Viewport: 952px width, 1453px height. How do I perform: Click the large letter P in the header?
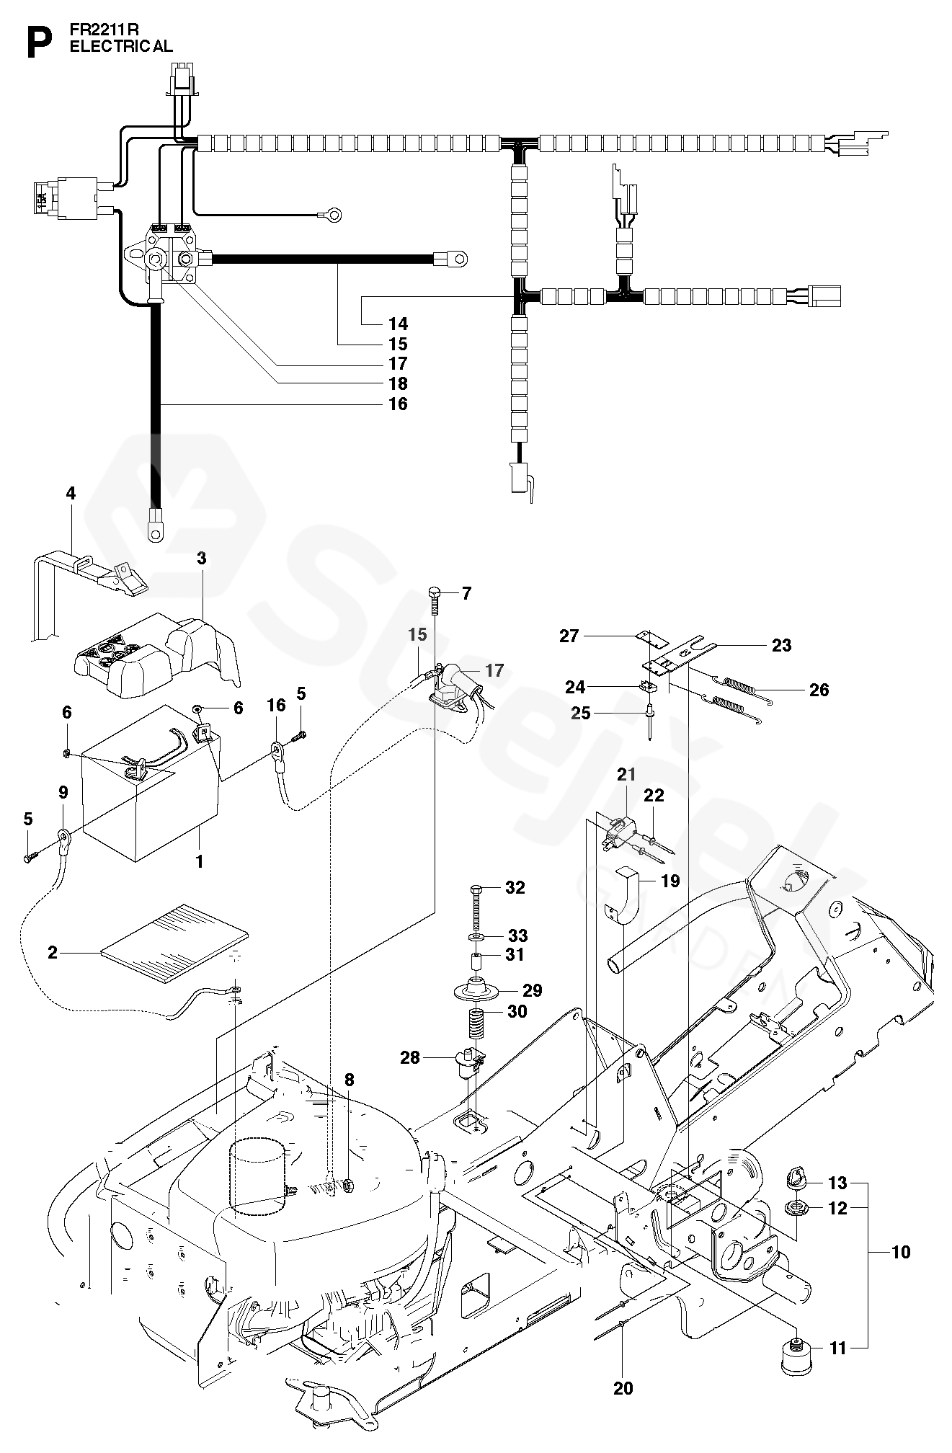point(39,43)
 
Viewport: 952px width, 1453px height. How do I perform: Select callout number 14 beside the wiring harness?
point(398,324)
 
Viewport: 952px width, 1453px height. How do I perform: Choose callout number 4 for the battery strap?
point(70,494)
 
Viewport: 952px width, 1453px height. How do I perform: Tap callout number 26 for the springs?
point(819,690)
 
